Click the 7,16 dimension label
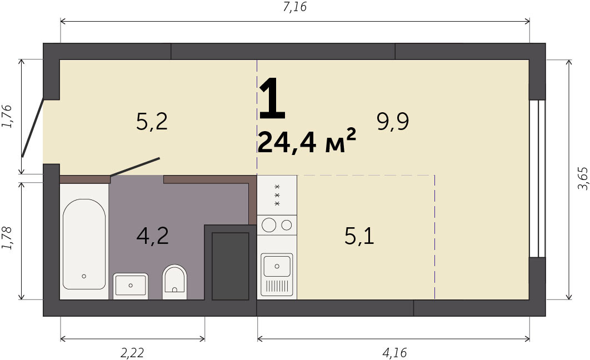click(x=294, y=7)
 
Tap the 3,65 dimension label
click(x=582, y=179)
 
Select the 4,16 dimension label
click(x=394, y=353)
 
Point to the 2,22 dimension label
click(x=132, y=353)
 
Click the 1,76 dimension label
click(x=7, y=116)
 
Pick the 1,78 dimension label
click(x=7, y=238)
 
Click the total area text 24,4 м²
click(x=307, y=142)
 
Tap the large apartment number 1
click(x=272, y=98)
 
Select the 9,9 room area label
click(x=393, y=122)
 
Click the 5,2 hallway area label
click(x=152, y=122)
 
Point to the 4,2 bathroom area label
click(x=152, y=236)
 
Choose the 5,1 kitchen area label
click(x=359, y=236)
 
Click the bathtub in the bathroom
click(x=84, y=244)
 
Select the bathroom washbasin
click(x=131, y=286)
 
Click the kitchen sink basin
click(x=277, y=266)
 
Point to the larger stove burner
click(x=269, y=225)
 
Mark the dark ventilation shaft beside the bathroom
click(x=231, y=266)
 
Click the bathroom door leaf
click(x=134, y=167)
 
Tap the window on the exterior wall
click(x=537, y=179)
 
